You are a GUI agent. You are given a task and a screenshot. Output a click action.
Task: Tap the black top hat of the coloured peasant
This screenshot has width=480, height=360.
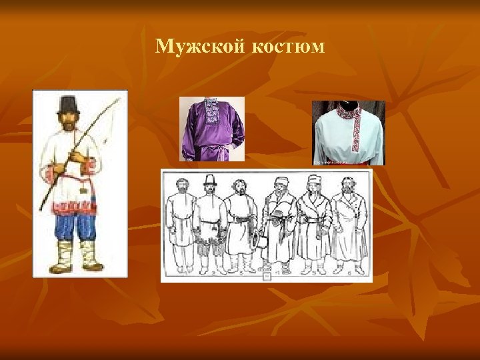point(69,104)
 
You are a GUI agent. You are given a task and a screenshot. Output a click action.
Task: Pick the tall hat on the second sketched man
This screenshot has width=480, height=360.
point(210,181)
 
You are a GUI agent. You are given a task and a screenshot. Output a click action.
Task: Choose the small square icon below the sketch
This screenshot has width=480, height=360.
point(267,275)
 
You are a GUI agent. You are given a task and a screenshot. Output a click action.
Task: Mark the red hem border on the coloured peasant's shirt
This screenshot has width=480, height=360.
point(73,205)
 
